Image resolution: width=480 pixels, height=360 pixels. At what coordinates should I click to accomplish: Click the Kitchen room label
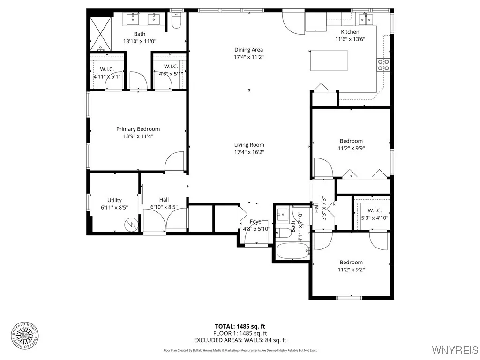pos(350,32)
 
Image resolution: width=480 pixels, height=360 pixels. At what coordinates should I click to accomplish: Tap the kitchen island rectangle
pos(329,60)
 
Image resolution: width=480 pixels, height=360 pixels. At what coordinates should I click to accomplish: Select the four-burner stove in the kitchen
pos(383,65)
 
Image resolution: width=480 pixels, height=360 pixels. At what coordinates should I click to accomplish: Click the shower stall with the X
pos(101,34)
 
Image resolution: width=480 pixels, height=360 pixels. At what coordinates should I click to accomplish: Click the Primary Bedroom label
pos(138,129)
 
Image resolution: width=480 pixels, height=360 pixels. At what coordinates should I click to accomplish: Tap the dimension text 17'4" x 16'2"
pos(249,152)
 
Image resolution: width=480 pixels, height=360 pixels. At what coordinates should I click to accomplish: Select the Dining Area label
pos(249,50)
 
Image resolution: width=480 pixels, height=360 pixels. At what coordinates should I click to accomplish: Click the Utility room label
pos(114,200)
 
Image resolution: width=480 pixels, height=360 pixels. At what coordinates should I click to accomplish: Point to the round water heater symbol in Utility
pos(131,225)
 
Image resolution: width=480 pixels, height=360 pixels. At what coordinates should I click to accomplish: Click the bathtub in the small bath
pos(292,251)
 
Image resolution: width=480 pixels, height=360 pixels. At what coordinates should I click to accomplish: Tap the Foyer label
pos(256,222)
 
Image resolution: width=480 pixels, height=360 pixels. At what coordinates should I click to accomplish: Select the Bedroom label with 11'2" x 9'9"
pos(351,141)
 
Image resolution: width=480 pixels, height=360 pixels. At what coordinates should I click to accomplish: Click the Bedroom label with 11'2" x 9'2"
pos(351,262)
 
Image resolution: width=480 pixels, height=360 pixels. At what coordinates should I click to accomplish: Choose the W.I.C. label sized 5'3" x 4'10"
pos(375,210)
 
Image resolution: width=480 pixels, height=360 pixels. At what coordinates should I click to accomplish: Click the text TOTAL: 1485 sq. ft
pos(240,326)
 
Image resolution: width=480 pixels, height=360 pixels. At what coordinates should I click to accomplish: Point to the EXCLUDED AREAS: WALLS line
pos(240,340)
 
